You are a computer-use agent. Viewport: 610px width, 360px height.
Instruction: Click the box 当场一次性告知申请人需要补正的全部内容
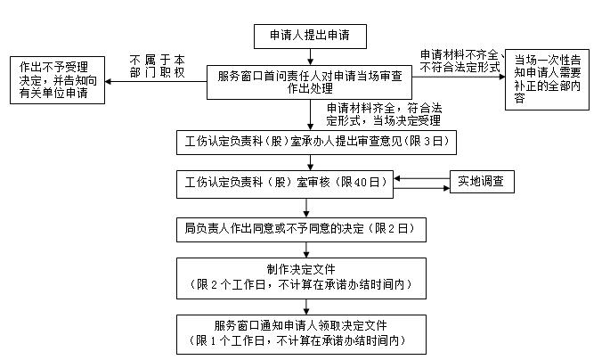coord(550,78)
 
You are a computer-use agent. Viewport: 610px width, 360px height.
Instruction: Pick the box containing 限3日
coord(308,142)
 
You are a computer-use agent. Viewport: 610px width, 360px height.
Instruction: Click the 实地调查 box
coord(481,182)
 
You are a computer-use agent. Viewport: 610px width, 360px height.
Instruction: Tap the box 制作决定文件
coord(308,280)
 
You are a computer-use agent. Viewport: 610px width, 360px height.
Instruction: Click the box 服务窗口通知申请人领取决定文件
coord(308,332)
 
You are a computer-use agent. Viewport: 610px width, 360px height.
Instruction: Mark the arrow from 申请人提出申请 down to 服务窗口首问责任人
coord(309,57)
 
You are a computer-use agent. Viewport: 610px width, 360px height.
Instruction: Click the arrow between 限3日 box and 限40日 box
coord(309,161)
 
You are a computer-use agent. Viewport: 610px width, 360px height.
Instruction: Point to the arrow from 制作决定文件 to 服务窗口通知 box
coord(309,307)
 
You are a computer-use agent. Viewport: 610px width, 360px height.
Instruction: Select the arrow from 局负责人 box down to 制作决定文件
coord(309,250)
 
